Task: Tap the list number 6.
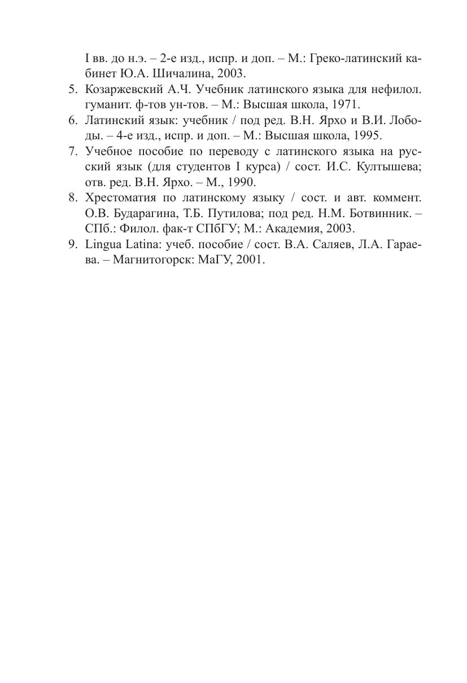click(x=72, y=121)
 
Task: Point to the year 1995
click(x=368, y=135)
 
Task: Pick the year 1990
click(x=242, y=182)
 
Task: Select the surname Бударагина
click(x=142, y=213)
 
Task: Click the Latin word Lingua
click(x=102, y=245)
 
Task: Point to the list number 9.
click(x=72, y=245)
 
